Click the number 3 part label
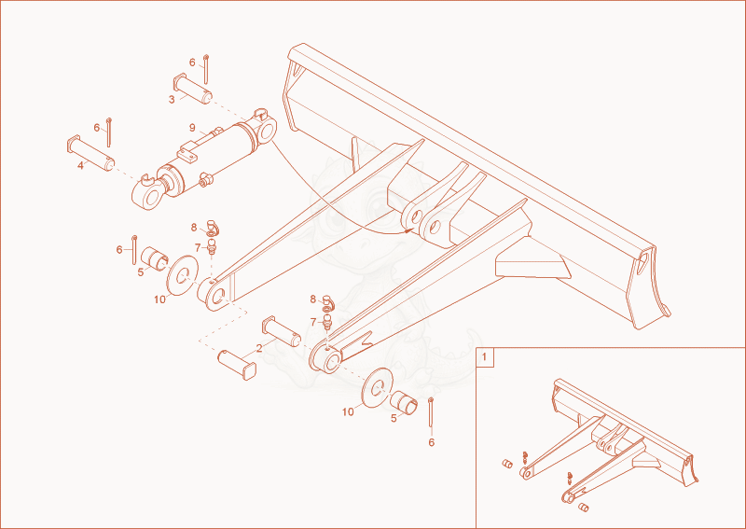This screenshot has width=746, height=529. click(172, 100)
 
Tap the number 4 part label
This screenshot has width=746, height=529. click(80, 166)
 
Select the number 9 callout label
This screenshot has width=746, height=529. click(192, 128)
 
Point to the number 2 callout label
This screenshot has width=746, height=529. click(259, 348)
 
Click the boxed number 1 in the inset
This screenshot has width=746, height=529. click(485, 357)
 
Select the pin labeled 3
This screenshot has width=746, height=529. click(193, 89)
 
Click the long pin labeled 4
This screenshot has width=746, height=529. click(90, 154)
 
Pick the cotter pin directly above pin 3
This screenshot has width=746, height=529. click(206, 69)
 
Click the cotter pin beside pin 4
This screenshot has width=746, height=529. click(109, 132)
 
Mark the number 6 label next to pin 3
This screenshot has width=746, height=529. click(192, 63)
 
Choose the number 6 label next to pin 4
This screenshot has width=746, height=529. click(97, 128)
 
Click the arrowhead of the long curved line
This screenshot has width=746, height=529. click(408, 230)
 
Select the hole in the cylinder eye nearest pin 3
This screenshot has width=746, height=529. click(268, 129)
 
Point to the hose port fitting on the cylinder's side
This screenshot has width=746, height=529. click(206, 179)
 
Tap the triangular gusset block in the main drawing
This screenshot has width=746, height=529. click(532, 265)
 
